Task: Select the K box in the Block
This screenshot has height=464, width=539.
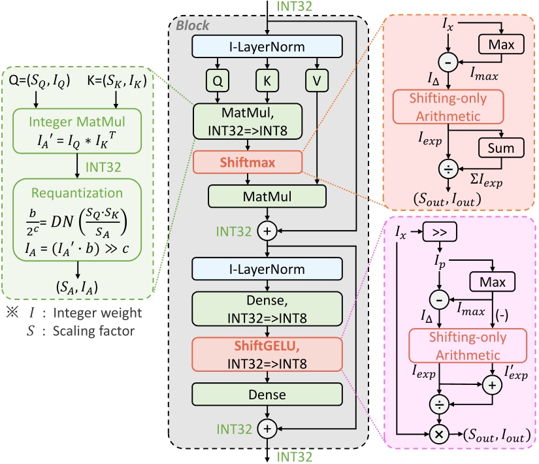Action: pyautogui.click(x=267, y=82)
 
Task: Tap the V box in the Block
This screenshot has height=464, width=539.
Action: pyautogui.click(x=316, y=82)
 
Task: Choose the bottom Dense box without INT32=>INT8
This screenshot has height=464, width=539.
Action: pyautogui.click(x=267, y=394)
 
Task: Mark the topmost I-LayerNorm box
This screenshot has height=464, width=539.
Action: pyautogui.click(x=267, y=46)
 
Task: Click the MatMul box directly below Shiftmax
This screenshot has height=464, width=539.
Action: pyautogui.click(x=267, y=196)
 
